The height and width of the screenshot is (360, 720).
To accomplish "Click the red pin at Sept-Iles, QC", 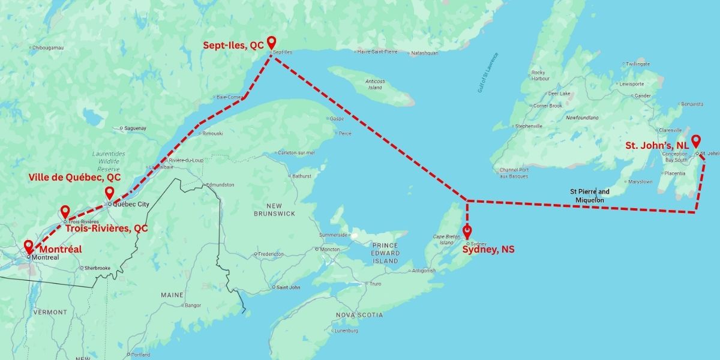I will pos(271,43).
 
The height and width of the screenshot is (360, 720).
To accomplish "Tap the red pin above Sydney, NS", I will pos(467,232).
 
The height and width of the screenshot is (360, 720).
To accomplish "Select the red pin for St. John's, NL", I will pos(696,142).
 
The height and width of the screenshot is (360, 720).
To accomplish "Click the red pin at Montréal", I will pos(28,247).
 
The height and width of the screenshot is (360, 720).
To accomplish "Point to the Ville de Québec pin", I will pos(109,193).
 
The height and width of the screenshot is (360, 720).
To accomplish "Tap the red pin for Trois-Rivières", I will pos(65,212).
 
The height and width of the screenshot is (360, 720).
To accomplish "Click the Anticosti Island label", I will pos(375,85).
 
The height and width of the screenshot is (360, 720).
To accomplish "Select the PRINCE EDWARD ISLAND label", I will pos(385,253).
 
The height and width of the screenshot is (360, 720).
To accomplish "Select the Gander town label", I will pos(642,95).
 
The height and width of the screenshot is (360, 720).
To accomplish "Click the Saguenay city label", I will pos(135,128).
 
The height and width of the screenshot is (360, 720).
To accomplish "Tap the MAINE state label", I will pos(172,295).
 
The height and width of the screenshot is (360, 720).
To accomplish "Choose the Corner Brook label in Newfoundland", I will pos(547,106).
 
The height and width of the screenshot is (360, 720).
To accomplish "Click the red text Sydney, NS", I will pos(488,250).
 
